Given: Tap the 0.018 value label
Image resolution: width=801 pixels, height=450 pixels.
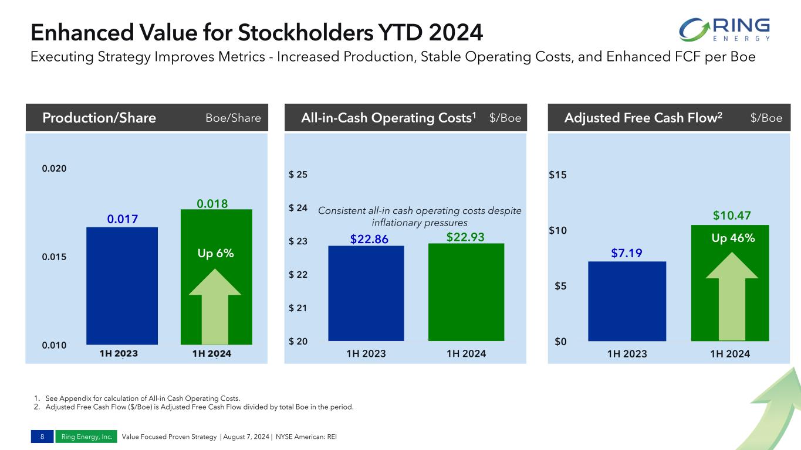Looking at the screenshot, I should click(212, 203).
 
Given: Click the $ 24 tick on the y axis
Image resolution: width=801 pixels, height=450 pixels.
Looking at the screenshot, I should click(298, 208).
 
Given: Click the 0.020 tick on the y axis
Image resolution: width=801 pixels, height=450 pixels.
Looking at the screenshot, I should click(54, 168).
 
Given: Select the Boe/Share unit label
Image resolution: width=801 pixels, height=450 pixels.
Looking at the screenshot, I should click(233, 118).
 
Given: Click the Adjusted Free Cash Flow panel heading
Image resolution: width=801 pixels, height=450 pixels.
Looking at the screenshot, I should click(643, 118).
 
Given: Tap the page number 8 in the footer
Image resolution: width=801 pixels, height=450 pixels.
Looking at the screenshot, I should click(42, 437).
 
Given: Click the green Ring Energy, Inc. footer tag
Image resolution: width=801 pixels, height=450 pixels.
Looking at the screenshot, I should click(86, 437).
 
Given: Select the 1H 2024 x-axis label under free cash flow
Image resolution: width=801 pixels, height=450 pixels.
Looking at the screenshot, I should click(729, 354).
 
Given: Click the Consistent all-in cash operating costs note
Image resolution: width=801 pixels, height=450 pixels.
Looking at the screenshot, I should click(419, 216).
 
